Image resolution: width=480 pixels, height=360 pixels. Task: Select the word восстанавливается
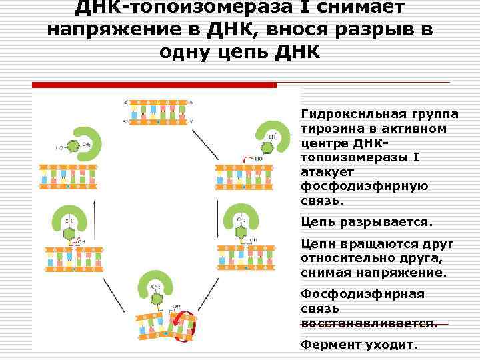tap(369, 323)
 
